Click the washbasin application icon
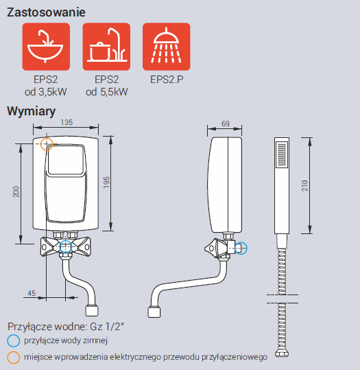pyautogui.click(x=46, y=47)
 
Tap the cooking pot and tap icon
pyautogui.click(x=106, y=47)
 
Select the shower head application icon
pyautogui.click(x=167, y=47)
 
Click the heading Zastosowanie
pyautogui.click(x=46, y=12)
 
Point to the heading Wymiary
pyautogui.click(x=31, y=111)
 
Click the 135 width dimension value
pyautogui.click(x=67, y=122)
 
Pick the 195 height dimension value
pyautogui.click(x=106, y=182)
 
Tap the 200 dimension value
pyautogui.click(x=16, y=192)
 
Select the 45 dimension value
pyautogui.click(x=32, y=293)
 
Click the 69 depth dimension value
pyautogui.click(x=226, y=124)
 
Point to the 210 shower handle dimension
pyautogui.click(x=305, y=185)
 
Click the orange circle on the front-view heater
pyautogui.click(x=47, y=143)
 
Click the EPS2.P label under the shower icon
pyautogui.click(x=167, y=80)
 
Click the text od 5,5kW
pyautogui.click(x=106, y=92)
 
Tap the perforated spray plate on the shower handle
pyautogui.click(x=282, y=154)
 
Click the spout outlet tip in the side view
pyautogui.click(x=154, y=312)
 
